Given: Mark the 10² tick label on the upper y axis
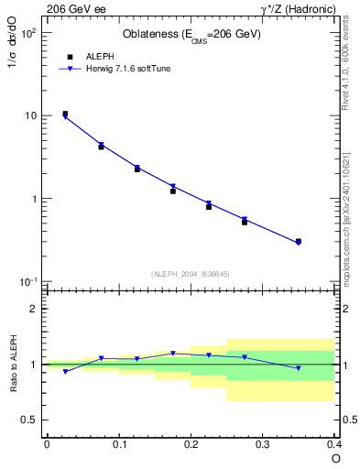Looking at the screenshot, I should point(27,33).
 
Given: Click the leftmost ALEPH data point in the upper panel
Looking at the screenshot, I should point(65,115).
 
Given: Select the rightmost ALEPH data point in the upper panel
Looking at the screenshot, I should point(299,242).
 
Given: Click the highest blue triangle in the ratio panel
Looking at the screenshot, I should point(173,353).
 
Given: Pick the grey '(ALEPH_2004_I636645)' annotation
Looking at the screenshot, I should point(191,274).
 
